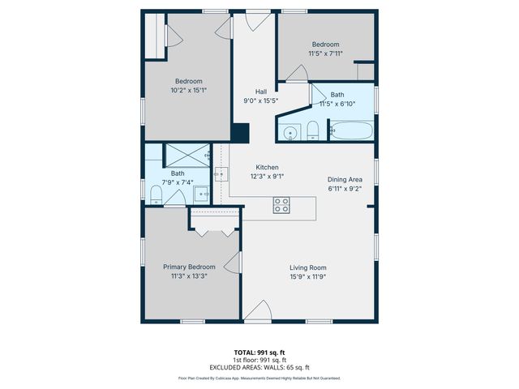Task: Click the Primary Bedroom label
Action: coord(189,267)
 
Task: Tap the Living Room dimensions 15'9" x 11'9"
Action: coord(308,276)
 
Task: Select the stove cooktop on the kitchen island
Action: coord(281,205)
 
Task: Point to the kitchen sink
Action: coord(221,173)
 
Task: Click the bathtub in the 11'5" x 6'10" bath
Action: coord(352,130)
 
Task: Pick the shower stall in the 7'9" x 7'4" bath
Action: coord(187,155)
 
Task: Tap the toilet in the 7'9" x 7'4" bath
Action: coord(157,192)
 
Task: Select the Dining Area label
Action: coord(345,179)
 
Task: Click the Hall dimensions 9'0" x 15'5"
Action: coord(261,101)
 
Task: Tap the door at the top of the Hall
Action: coord(259,22)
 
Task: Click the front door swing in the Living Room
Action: coord(258,311)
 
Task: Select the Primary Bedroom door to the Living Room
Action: coord(234,262)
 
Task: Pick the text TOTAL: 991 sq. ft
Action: coord(259,353)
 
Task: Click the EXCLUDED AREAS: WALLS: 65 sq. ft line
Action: coord(259,367)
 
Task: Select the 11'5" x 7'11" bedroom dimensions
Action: coord(325,53)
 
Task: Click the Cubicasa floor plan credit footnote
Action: coord(259,378)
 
